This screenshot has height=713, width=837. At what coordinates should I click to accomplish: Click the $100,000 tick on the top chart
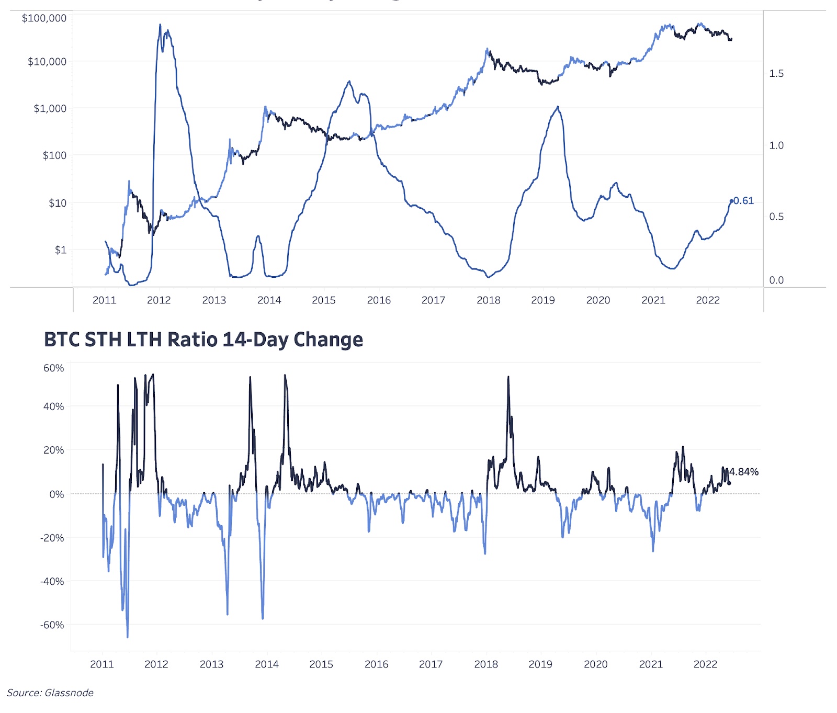pos(44,18)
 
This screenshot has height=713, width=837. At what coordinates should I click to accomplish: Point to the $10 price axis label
pos(58,203)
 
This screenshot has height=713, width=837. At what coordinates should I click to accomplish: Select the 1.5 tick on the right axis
pos(776,74)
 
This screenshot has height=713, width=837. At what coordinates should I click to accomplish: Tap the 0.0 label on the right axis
pos(776,280)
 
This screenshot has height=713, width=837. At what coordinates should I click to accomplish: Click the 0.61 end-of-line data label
pos(743,201)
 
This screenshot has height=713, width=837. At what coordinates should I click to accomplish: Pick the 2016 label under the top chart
pos(379,300)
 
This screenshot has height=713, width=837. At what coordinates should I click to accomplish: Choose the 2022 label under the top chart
pos(708,300)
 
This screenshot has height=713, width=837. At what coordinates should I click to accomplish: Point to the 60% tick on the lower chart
pos(53,368)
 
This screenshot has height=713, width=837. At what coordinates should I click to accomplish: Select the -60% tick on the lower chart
pos(52,625)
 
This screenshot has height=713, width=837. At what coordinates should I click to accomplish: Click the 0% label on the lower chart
pos(56,494)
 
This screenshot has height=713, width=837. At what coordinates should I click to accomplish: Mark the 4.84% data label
pos(743,472)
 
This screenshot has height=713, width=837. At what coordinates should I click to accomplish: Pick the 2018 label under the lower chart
pos(486,664)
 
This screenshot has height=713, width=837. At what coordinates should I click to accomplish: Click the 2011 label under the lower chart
pos(102,664)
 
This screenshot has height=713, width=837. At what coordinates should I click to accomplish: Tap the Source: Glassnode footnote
pos(50,693)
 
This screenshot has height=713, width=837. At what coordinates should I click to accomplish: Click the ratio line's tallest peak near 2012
pos(160,25)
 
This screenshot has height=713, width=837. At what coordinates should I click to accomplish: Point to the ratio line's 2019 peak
pos(558,107)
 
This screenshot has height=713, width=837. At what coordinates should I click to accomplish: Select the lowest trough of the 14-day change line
pos(127,637)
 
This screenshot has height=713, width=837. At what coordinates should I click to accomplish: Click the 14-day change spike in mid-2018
pos(508,377)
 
